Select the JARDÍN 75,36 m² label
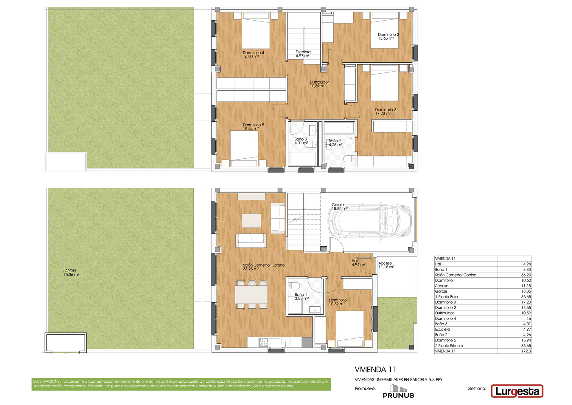[71, 273]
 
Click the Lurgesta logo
[517, 391]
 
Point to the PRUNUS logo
[398, 391]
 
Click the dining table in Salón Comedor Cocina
[251, 294]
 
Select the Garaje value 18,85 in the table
[526, 291]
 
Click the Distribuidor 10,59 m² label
[319, 84]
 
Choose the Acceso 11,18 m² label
[386, 265]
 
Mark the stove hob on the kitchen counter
[264, 342]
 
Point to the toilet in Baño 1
[294, 285]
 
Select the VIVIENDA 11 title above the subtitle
[375, 370]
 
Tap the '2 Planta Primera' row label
[449, 346]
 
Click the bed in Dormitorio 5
[244, 149]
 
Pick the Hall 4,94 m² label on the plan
[358, 263]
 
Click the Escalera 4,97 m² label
[303, 54]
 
